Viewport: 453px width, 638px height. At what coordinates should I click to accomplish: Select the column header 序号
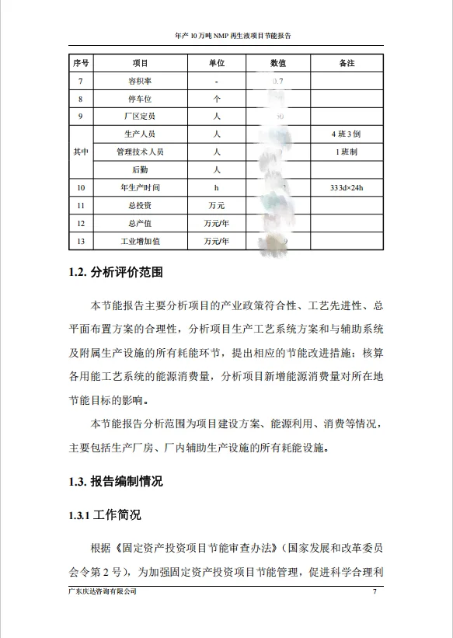[81, 63]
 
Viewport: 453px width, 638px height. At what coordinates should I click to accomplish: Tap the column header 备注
[347, 63]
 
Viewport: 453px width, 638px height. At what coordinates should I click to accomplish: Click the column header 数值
[278, 63]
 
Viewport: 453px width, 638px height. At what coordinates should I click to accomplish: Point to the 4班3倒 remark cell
[347, 134]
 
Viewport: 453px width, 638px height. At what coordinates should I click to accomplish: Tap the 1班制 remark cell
[347, 152]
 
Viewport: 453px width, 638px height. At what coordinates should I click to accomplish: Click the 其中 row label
[81, 152]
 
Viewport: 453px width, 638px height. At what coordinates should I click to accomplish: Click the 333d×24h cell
[347, 188]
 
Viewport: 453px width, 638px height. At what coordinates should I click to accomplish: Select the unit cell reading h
[217, 188]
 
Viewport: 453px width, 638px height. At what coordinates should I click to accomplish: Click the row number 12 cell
[81, 224]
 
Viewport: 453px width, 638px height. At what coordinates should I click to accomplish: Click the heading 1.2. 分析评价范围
[116, 273]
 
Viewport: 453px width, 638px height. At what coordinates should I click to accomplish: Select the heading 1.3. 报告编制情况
[116, 481]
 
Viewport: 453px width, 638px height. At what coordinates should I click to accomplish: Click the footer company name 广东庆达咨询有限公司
[103, 593]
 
